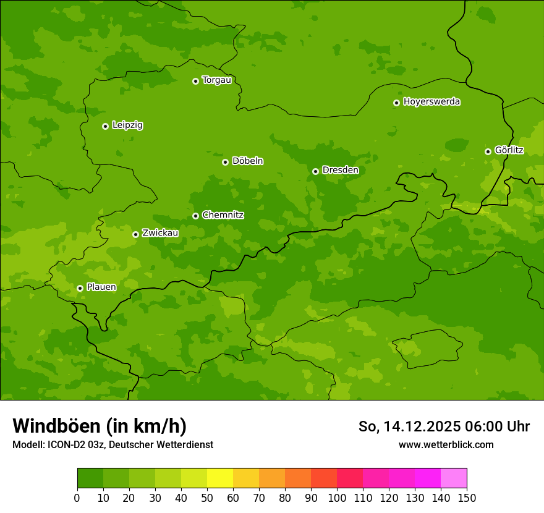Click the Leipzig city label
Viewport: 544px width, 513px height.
[127, 125]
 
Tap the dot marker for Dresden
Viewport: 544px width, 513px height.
[315, 171]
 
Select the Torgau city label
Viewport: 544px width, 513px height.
[216, 80]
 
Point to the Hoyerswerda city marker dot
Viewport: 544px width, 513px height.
[396, 103]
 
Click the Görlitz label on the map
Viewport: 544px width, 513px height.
[509, 150]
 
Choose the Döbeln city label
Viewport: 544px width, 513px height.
[247, 161]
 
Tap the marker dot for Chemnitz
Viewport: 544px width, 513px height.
[195, 216]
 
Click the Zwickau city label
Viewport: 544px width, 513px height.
[160, 233]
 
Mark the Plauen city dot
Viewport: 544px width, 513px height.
[80, 288]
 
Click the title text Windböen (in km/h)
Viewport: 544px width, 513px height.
[100, 426]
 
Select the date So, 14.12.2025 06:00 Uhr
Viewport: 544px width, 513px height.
[444, 426]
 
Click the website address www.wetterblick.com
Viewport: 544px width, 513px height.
[446, 444]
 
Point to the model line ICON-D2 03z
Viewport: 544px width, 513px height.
[113, 444]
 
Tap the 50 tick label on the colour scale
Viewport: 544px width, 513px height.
[207, 498]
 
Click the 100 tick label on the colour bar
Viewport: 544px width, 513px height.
[337, 498]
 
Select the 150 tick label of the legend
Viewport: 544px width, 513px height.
[467, 498]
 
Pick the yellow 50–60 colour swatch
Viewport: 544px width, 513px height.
[220, 478]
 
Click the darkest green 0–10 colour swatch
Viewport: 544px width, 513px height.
[90, 478]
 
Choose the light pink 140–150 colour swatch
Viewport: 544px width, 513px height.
[454, 478]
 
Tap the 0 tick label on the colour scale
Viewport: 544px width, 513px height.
[77, 498]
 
